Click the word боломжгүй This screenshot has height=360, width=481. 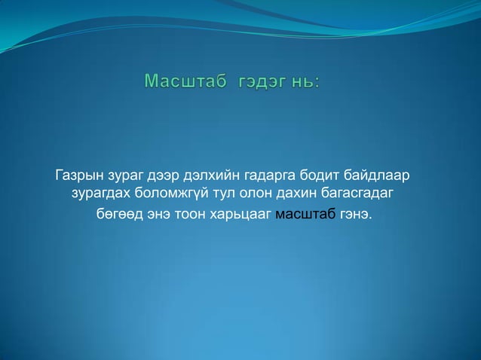(x=171, y=196)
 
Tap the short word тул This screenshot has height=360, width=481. (x=225, y=195)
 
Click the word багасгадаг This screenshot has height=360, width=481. (x=360, y=196)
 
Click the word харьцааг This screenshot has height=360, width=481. (x=245, y=215)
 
